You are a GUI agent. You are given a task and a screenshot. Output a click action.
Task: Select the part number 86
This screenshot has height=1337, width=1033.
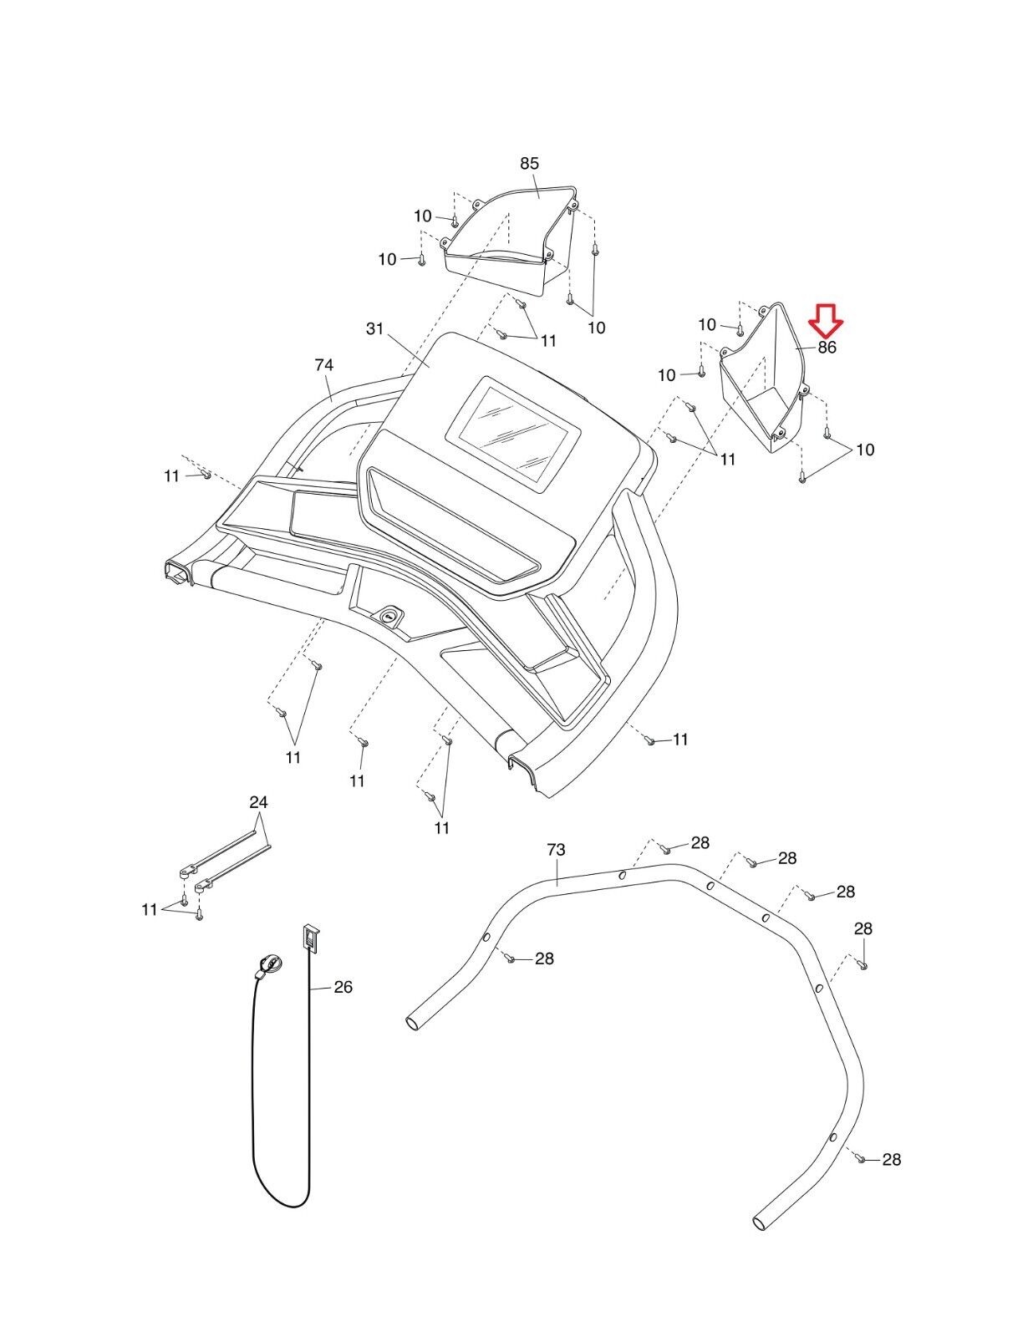(827, 348)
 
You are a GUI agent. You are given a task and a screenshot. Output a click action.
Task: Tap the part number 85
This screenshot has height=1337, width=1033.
(530, 164)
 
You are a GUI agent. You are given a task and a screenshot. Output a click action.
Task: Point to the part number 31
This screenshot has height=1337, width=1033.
(374, 329)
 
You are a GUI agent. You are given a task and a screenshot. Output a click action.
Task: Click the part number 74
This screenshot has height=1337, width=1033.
(324, 365)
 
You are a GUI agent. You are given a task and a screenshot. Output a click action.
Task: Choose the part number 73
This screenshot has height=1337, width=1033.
(556, 850)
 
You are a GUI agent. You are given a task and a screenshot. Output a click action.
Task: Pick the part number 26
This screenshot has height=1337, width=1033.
(343, 987)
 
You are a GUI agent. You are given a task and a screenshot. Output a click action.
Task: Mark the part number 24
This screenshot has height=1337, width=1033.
(259, 802)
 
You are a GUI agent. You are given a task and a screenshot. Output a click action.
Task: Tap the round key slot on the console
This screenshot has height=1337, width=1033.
(390, 616)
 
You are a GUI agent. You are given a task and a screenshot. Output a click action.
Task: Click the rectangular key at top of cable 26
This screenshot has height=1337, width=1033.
(311, 937)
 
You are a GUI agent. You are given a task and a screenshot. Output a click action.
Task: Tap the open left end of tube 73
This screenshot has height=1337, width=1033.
(413, 1023)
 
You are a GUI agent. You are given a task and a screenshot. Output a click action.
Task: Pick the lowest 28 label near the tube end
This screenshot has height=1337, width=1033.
(891, 1159)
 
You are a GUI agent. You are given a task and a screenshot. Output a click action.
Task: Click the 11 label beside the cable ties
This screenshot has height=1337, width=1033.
(150, 909)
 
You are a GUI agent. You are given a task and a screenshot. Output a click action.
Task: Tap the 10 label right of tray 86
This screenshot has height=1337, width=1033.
(865, 450)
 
